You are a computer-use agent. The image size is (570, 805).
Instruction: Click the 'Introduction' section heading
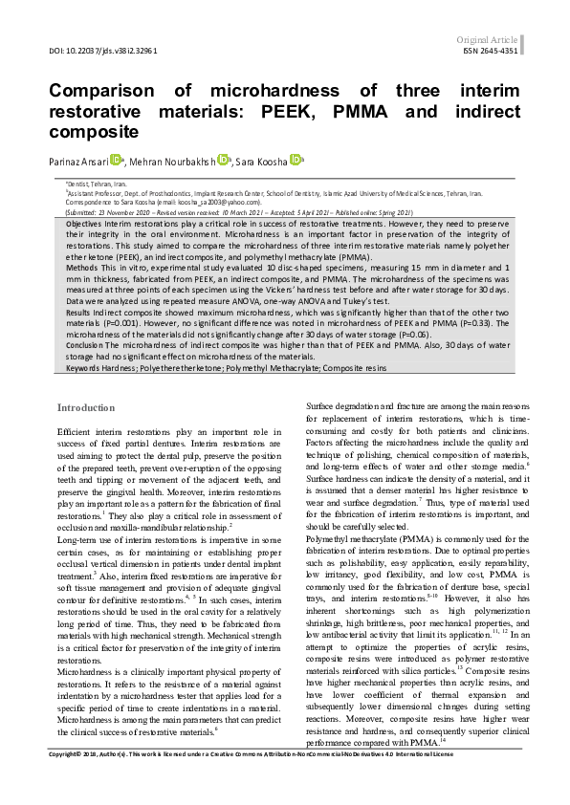(86, 407)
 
